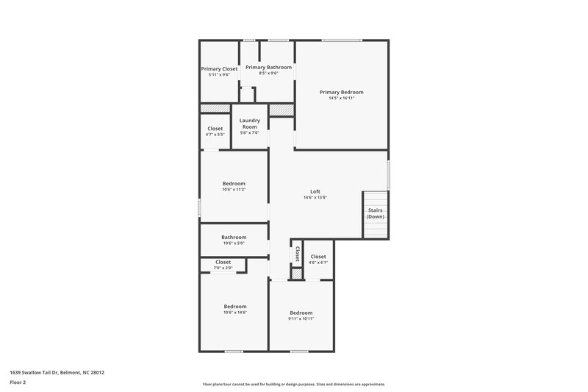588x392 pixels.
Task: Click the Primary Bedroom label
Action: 341,92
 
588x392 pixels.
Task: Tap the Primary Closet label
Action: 218,69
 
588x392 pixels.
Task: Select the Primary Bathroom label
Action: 268,67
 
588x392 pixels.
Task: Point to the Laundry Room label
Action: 250,123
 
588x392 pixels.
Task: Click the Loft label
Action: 315,191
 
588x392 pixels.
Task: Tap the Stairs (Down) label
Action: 375,213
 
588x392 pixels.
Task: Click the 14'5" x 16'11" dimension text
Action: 341,98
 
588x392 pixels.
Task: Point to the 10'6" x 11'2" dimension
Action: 234,190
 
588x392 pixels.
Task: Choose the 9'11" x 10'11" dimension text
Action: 301,318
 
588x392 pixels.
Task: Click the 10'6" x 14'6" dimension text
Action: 234,313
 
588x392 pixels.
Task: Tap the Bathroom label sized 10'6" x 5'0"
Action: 234,237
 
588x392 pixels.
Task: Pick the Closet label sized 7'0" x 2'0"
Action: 223,262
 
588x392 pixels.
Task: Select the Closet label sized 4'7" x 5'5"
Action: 215,128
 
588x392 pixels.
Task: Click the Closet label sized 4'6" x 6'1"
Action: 318,256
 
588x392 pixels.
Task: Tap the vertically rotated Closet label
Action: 297,254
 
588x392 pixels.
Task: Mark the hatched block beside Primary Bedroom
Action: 281,110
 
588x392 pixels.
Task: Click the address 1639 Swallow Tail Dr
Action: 57,372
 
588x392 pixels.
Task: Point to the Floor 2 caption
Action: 18,382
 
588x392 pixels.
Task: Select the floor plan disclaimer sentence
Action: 293,384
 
